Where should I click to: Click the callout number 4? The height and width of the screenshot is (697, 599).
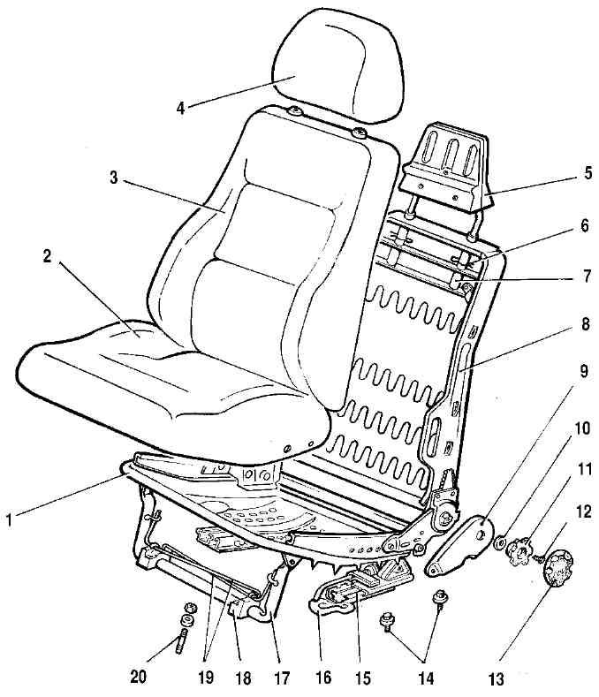(x=180, y=108)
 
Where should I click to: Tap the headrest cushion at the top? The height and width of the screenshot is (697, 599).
(x=339, y=65)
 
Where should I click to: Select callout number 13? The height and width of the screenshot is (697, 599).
(x=497, y=679)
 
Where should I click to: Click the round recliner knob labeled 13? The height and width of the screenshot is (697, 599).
(x=558, y=568)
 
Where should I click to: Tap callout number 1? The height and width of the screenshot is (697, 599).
(x=9, y=519)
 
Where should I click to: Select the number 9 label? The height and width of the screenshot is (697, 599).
(x=583, y=371)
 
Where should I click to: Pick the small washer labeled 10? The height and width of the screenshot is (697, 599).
(x=499, y=542)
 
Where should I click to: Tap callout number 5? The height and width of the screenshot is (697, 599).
(x=588, y=172)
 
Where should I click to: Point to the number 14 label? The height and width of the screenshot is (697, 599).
(x=426, y=678)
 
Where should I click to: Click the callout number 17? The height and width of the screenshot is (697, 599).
(x=282, y=678)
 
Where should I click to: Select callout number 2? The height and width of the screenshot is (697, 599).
(x=47, y=256)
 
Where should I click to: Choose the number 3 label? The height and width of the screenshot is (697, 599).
(x=114, y=178)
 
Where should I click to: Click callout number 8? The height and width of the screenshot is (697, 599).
(x=585, y=324)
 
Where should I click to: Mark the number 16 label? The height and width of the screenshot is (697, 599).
(x=323, y=677)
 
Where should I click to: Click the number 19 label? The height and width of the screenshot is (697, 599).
(x=206, y=677)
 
